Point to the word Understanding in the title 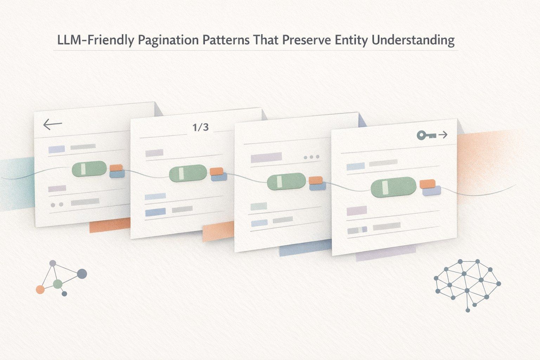click(x=413, y=40)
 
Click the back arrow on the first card click(x=52, y=124)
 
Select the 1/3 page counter click(x=201, y=127)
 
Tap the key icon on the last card click(x=426, y=135)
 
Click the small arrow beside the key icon click(x=443, y=135)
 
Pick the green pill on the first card click(x=89, y=168)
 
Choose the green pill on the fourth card click(x=393, y=187)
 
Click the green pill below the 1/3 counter click(x=188, y=173)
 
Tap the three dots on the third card click(x=311, y=157)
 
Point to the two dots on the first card click(x=57, y=205)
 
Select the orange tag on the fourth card click(x=427, y=184)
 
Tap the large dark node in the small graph click(x=82, y=274)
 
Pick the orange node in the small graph click(x=40, y=289)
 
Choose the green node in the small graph click(x=58, y=284)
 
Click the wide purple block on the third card click(x=266, y=158)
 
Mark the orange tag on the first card click(x=116, y=168)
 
